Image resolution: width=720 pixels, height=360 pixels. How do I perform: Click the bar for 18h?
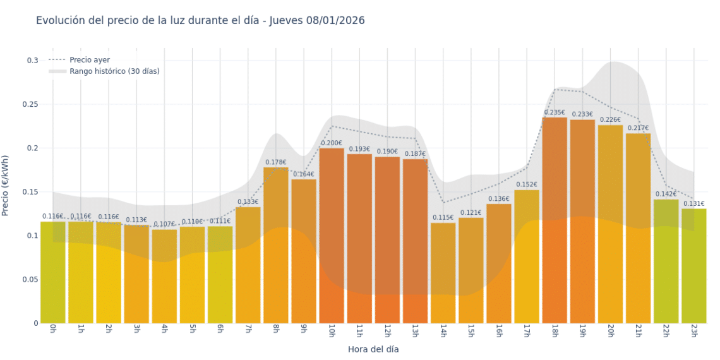(x=555, y=221)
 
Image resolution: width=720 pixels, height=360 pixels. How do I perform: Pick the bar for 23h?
(x=693, y=266)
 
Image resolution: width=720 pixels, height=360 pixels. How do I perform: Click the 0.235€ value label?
(x=555, y=112)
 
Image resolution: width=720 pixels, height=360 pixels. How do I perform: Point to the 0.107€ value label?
(x=164, y=224)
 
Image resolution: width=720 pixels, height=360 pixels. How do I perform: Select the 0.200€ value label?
(x=332, y=143)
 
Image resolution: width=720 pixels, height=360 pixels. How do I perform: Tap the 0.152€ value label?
(x=527, y=185)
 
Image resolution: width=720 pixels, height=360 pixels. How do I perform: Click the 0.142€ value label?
(x=666, y=194)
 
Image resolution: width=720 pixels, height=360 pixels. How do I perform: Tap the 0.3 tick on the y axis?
(x=32, y=61)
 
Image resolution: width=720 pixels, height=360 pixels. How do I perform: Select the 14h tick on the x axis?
(x=443, y=332)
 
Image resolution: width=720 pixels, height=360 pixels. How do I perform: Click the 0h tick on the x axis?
(x=53, y=330)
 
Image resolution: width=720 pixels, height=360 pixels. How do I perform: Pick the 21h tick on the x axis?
(x=638, y=332)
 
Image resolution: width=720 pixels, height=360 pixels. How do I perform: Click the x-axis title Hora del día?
(x=373, y=349)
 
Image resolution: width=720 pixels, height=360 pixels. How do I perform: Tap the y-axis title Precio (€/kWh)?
(x=6, y=186)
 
